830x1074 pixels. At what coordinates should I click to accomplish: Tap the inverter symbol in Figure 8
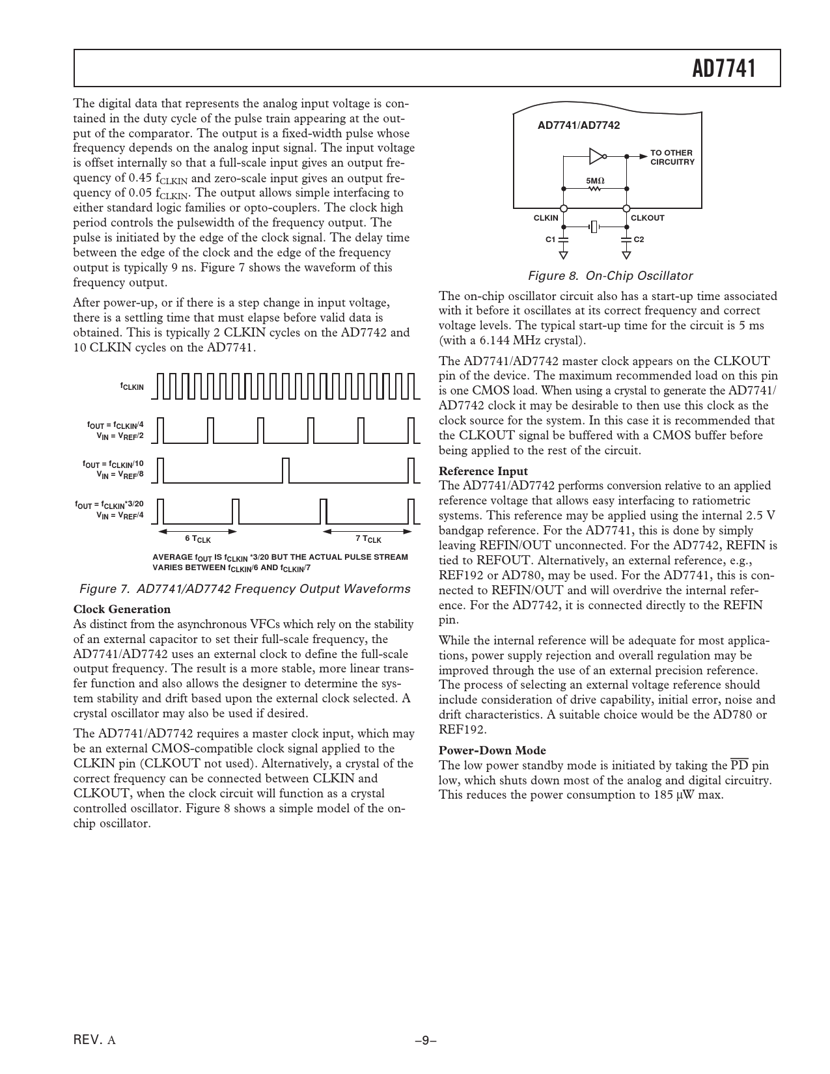[596, 156]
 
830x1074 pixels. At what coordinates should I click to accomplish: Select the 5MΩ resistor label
[595, 180]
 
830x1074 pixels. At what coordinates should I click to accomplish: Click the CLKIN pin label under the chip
[546, 218]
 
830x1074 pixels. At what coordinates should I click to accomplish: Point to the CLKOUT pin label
[648, 218]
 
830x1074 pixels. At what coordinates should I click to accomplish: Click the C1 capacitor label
[550, 240]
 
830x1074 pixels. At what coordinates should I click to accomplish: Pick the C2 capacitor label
[639, 240]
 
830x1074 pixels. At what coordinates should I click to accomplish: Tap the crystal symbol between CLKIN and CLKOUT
[594, 227]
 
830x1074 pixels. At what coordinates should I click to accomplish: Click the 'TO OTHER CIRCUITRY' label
[672, 158]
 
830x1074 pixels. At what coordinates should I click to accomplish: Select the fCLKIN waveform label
[131, 387]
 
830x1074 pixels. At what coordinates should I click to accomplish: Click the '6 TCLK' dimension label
[198, 539]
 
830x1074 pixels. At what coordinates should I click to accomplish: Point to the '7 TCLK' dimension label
[368, 539]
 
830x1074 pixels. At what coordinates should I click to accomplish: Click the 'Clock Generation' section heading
[122, 609]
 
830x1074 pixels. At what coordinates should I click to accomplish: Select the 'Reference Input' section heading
[483, 471]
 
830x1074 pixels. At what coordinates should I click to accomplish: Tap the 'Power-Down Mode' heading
[492, 750]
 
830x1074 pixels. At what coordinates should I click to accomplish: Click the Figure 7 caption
[244, 589]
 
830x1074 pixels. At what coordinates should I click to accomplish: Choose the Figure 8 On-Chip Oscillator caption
[610, 276]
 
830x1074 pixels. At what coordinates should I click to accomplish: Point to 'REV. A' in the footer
[95, 1040]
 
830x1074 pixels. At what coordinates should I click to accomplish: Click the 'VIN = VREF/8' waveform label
[120, 475]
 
